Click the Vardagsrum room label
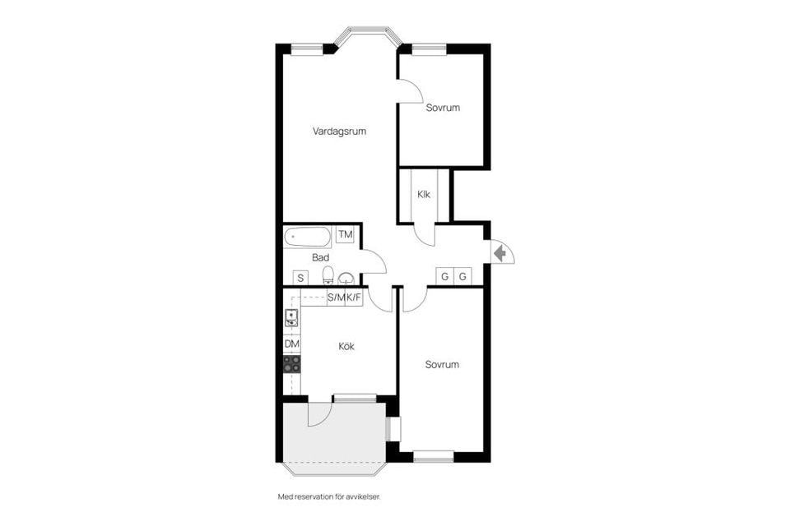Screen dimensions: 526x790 tap(339, 131)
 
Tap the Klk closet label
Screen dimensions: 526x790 tap(424, 195)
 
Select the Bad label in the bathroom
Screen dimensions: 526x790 tap(320, 257)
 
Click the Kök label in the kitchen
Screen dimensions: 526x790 tap(346, 346)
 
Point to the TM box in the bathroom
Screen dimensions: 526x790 tap(346, 235)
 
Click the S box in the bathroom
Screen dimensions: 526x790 tap(301, 277)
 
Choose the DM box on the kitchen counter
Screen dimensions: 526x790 tap(291, 344)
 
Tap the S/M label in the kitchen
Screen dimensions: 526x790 tap(336, 298)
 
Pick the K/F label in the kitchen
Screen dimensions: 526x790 tap(354, 298)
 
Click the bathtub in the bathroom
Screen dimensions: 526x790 tap(308, 237)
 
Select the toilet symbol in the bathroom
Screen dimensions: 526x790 tap(328, 275)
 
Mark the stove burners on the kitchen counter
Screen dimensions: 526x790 tap(291, 364)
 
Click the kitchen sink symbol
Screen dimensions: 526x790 tap(290, 316)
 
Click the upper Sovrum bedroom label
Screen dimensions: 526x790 tap(442, 108)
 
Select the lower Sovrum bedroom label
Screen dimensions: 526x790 tap(442, 364)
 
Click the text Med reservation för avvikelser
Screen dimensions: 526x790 tap(330, 497)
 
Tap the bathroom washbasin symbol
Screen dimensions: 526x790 tap(346, 277)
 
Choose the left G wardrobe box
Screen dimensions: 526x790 tap(445, 276)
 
